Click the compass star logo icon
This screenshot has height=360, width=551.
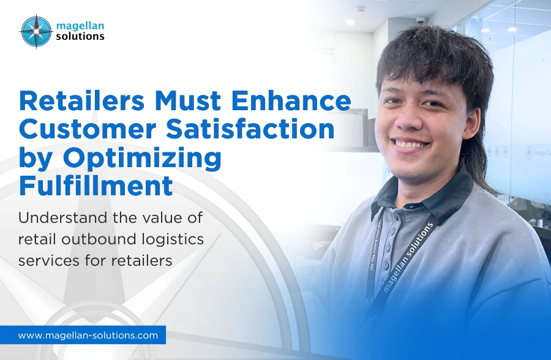point(36,32)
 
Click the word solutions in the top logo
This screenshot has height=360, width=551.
point(80,36)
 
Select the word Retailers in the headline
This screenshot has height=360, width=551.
point(81,101)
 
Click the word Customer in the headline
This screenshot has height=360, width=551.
point(88,129)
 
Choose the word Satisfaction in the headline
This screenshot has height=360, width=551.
point(250,129)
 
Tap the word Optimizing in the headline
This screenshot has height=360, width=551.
point(142,158)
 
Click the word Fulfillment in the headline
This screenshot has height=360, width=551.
point(96,186)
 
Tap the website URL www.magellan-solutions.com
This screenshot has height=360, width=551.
point(88,336)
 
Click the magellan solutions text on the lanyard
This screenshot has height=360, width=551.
point(408,257)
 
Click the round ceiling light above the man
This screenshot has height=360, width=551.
point(350,22)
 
